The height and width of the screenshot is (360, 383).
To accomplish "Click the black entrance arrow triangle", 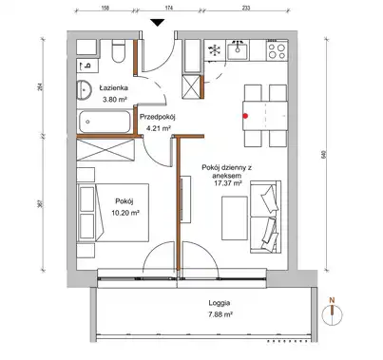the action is click(x=157, y=23).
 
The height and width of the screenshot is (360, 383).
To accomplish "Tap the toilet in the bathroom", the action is click(x=119, y=51).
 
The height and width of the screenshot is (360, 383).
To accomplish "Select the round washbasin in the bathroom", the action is click(x=84, y=89).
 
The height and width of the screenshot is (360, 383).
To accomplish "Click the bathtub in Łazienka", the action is click(x=105, y=122).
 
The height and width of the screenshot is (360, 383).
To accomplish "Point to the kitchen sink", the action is click(x=238, y=50).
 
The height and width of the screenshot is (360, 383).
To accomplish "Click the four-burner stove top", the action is click(x=277, y=51).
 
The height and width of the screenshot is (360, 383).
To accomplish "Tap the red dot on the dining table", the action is click(x=245, y=116).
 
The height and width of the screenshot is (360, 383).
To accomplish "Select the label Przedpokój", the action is click(x=158, y=117).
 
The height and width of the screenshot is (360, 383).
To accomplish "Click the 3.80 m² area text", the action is click(x=115, y=99).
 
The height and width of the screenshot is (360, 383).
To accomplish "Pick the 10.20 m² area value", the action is click(x=125, y=213).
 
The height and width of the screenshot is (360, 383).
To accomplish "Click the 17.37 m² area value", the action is click(x=228, y=183).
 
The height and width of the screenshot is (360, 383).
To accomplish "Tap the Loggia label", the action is click(x=220, y=303).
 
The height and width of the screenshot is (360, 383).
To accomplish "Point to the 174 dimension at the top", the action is click(x=169, y=8).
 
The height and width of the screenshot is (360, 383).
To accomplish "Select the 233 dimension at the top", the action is click(x=246, y=8).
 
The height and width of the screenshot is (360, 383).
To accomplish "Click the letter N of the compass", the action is click(x=332, y=299).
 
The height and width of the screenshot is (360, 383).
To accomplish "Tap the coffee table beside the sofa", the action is click(x=235, y=218).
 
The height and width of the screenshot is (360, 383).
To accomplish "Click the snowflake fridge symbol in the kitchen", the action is click(x=215, y=50).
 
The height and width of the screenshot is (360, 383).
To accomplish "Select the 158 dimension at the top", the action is click(x=105, y=8).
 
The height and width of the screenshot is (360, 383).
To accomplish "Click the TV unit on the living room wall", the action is click(x=186, y=199).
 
